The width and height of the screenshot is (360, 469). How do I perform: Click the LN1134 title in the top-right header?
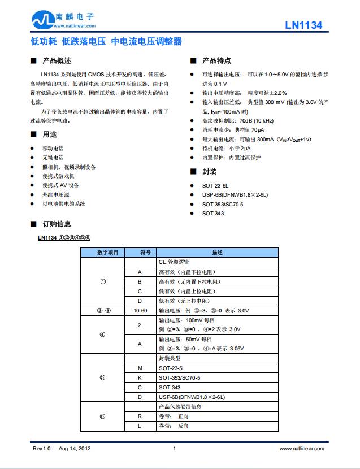[x=303, y=25]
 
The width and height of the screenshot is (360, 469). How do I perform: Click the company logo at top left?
[x=62, y=20]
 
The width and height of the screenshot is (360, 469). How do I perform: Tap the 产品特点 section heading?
[x=216, y=61]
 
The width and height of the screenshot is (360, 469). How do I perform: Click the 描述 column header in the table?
[x=218, y=253]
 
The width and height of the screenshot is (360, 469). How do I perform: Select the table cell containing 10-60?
[x=140, y=311]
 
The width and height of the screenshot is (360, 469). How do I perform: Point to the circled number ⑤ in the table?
[x=102, y=377]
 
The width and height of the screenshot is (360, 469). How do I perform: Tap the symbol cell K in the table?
[x=140, y=377]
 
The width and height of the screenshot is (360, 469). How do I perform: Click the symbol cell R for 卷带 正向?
[x=140, y=416]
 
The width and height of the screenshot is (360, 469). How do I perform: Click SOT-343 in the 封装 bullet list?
[x=213, y=213]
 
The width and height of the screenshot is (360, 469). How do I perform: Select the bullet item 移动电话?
[x=53, y=148]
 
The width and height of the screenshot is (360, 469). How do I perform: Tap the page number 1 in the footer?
[x=174, y=448]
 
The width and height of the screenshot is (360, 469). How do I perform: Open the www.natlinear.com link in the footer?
[x=302, y=448]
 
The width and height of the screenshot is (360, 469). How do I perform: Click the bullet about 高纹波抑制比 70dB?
[x=237, y=121]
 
